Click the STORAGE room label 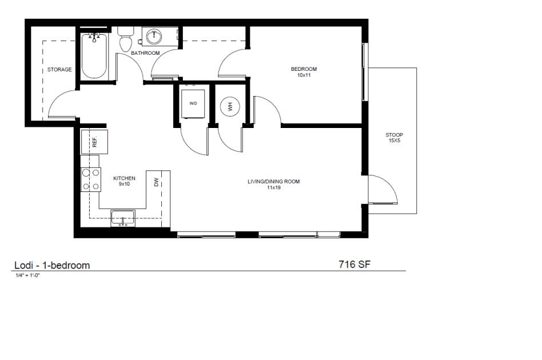tap(59, 70)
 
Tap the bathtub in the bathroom tap(94, 57)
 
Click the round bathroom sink tap(154, 38)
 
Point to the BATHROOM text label tap(145, 53)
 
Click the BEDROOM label tap(304, 69)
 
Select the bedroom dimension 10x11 tap(304, 75)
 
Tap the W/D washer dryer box tap(193, 103)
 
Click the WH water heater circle tap(230, 106)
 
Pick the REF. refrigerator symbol tap(94, 141)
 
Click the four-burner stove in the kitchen tap(90, 179)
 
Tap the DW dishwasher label tap(156, 182)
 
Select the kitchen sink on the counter tap(122, 217)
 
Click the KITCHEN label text tap(124, 178)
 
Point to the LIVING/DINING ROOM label tap(273, 182)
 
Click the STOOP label tap(394, 135)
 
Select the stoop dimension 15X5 tap(394, 141)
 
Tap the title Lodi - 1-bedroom tap(51, 265)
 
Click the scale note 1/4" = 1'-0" tap(28, 275)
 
